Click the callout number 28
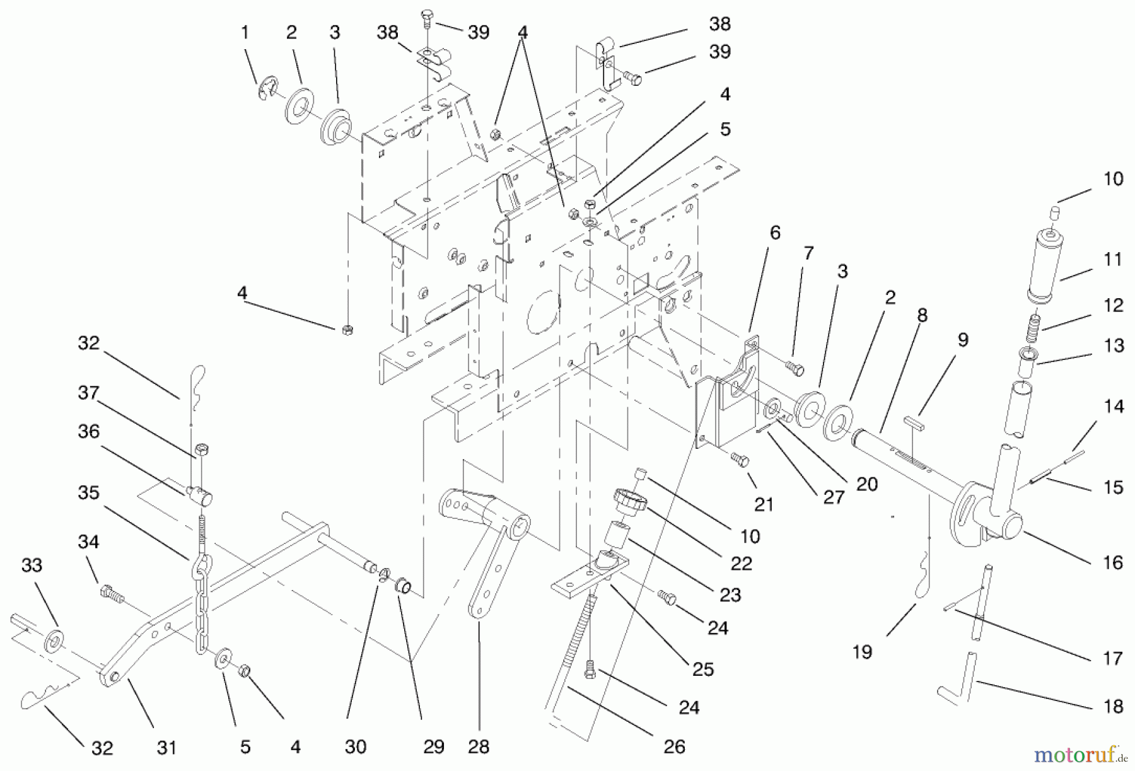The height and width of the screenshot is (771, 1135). click(479, 747)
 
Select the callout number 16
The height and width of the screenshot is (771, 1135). click(1113, 562)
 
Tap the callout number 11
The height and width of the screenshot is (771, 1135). click(1113, 259)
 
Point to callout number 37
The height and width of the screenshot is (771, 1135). click(89, 393)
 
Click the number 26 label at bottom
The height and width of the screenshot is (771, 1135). click(674, 747)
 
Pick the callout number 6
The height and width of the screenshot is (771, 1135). click(774, 233)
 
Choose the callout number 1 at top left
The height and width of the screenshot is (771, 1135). click(245, 32)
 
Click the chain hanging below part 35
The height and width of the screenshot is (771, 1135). click(202, 605)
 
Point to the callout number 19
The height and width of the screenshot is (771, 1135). click(862, 652)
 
